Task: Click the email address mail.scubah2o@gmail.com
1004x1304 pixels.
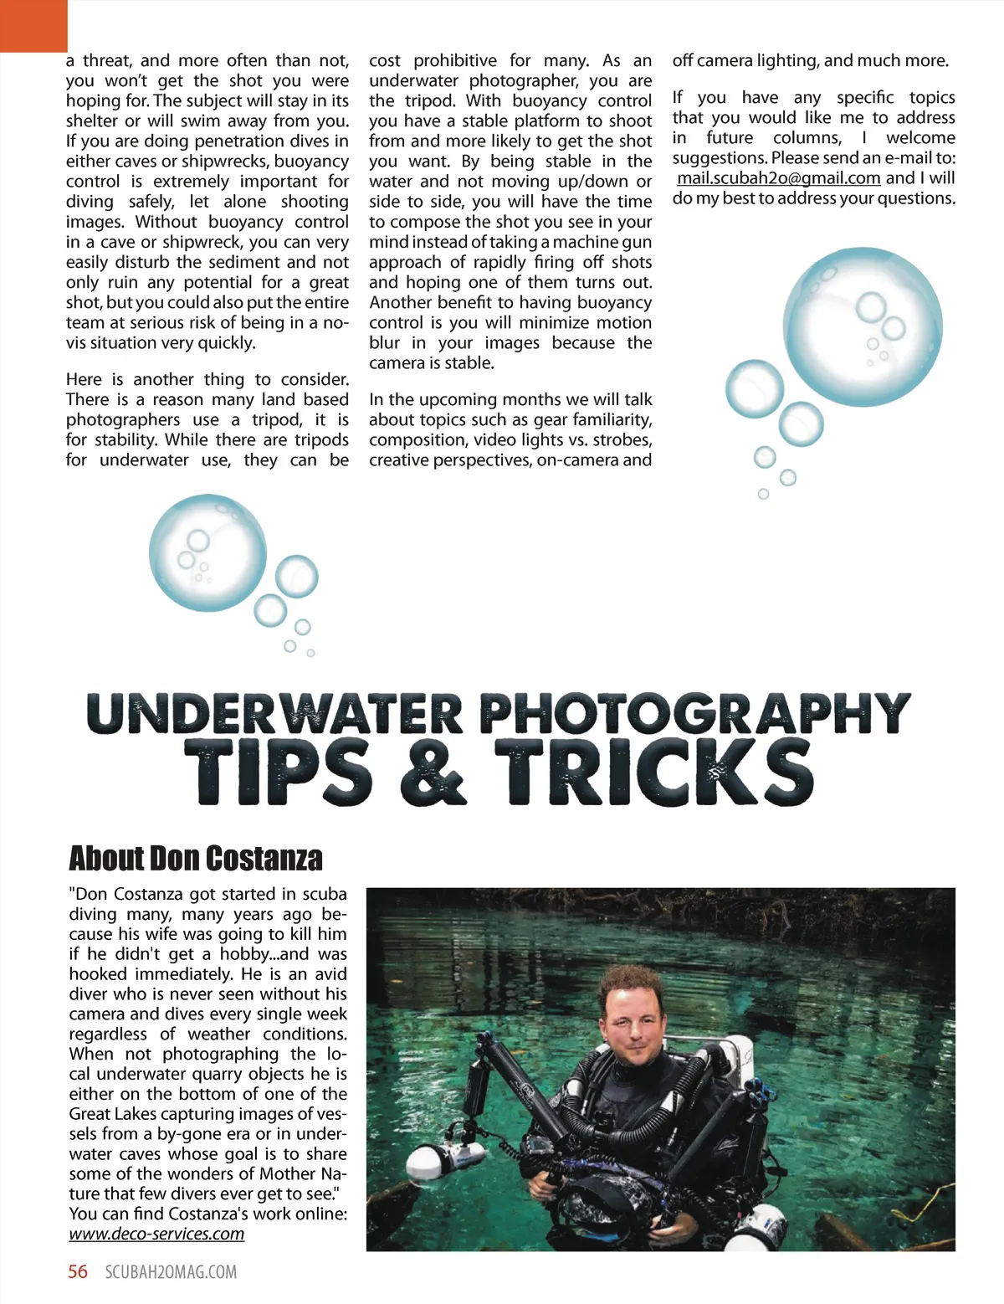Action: point(778,178)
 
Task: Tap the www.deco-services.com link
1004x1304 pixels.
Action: point(156,1234)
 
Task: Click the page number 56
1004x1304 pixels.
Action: point(78,1272)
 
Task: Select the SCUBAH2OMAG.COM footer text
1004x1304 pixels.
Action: point(171,1272)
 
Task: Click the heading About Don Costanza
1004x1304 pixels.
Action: point(195,859)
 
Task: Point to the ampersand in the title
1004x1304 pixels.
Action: point(433,772)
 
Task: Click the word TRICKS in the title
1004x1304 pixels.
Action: point(653,772)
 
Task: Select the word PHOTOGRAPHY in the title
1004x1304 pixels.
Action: point(694,714)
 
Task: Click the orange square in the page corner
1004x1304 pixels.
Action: point(33,25)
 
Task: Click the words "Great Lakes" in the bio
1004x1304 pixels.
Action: point(111,1114)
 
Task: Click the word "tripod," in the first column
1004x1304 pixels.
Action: point(277,420)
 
